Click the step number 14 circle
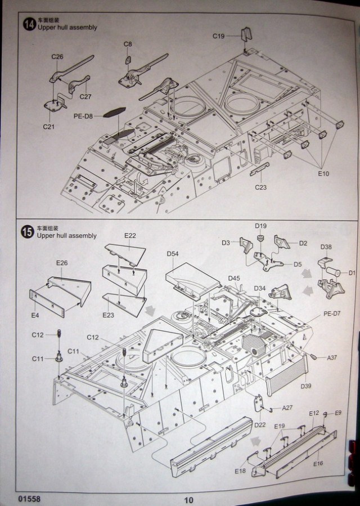pos(29,24)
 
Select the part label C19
pos(219,37)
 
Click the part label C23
pos(260,187)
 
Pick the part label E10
pos(323,174)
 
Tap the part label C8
pos(128,44)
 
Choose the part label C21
pos(49,127)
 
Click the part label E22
pos(130,236)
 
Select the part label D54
pos(173,254)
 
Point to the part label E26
pos(62,263)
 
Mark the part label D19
pos(260,226)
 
